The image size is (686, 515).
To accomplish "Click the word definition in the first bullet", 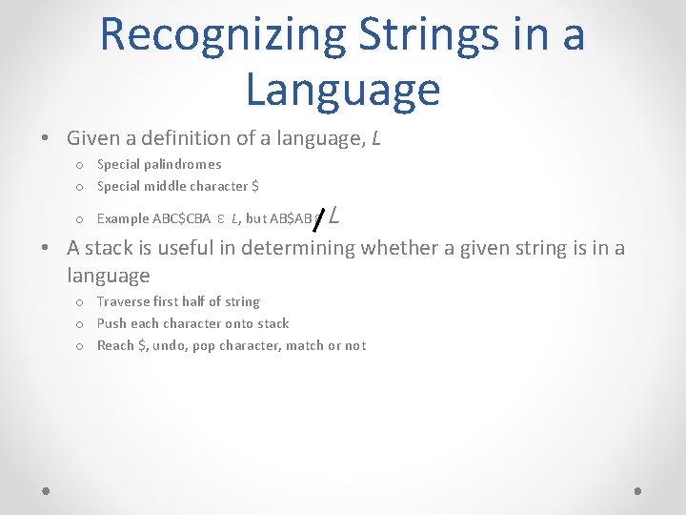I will (190, 138).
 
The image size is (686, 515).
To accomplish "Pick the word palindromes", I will (183, 164).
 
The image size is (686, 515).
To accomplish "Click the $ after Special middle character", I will (254, 186).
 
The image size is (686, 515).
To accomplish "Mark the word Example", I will (123, 218).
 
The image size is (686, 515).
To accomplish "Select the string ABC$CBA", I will (182, 218).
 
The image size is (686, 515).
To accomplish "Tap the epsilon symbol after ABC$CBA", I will (220, 218).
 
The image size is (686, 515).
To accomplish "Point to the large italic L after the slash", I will (334, 216).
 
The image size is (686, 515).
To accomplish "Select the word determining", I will (300, 248).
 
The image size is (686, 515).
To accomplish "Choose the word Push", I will (111, 323).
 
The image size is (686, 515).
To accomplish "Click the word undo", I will (171, 345).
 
